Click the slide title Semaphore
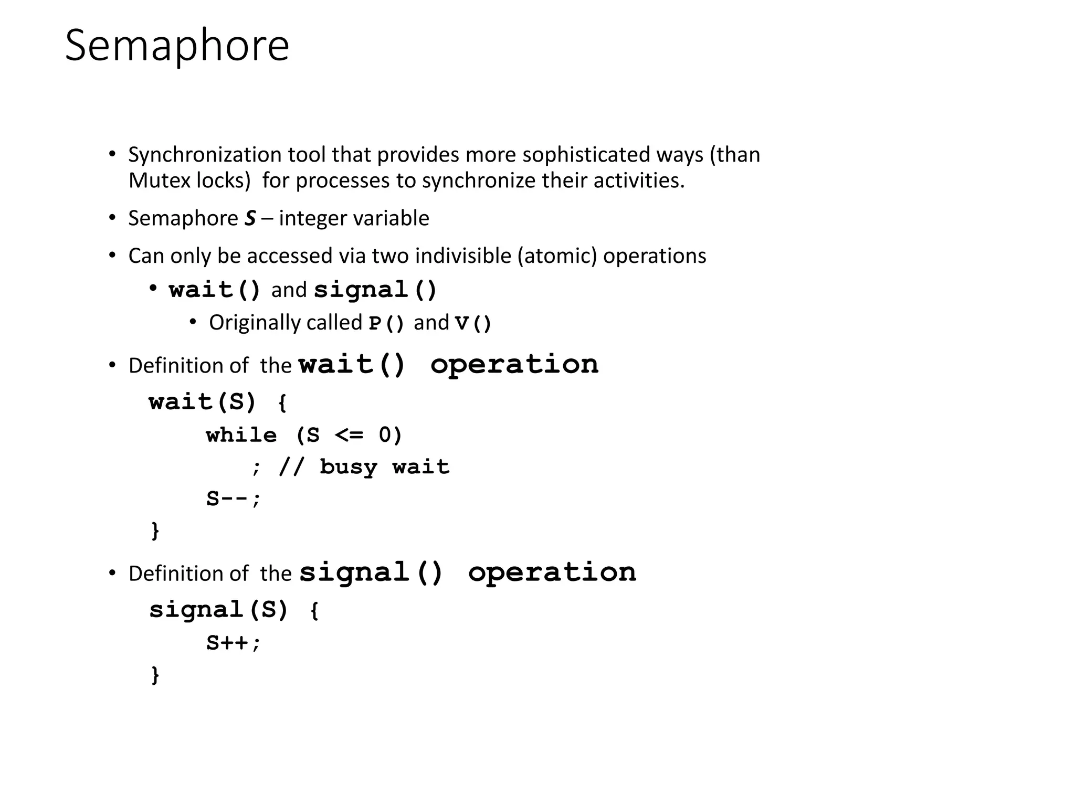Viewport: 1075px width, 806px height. click(x=177, y=46)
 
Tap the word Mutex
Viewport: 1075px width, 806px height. click(x=159, y=181)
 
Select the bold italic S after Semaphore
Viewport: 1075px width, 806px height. click(x=250, y=218)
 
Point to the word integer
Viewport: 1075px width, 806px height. click(x=309, y=218)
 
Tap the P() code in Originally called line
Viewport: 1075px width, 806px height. click(x=386, y=323)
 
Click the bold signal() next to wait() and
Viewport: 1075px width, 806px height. click(x=375, y=290)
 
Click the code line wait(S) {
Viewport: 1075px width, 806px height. click(x=218, y=402)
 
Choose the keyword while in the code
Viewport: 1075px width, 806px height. click(x=241, y=435)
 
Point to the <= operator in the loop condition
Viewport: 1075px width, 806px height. click(x=349, y=435)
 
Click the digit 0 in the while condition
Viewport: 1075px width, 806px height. click(x=385, y=435)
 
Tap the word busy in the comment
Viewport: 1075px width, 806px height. click(x=349, y=467)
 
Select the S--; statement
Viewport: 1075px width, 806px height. click(x=233, y=499)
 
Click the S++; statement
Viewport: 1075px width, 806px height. click(x=233, y=643)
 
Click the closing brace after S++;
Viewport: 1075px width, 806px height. click(x=155, y=674)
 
